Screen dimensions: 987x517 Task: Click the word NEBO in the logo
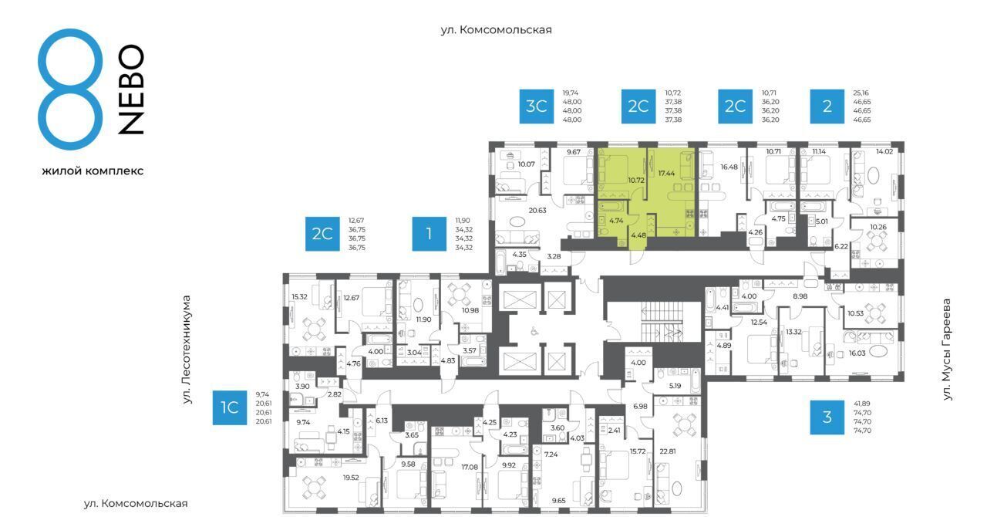point(131,90)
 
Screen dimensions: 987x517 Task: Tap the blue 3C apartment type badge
point(536,106)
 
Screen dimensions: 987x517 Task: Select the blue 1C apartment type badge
point(230,407)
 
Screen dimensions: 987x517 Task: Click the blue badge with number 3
point(827,417)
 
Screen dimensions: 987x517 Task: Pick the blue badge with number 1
point(429,234)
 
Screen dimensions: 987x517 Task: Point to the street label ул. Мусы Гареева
point(946,350)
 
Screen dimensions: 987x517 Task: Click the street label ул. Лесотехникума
point(187,350)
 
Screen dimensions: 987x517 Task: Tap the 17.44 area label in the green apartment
point(666,174)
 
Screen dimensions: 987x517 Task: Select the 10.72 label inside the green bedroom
point(636,180)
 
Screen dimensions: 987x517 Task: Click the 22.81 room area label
point(667,451)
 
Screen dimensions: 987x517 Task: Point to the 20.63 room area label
point(537,211)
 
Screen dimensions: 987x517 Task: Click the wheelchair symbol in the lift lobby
point(535,331)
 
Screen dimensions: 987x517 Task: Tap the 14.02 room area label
point(884,151)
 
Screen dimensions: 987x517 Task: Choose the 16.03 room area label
point(857,353)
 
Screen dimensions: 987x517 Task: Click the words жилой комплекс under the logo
point(93,171)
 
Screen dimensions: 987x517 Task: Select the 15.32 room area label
point(299,297)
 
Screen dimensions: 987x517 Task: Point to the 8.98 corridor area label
point(800,296)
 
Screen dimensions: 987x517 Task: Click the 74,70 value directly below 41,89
point(862,413)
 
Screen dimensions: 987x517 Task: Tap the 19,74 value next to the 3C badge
point(570,93)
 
